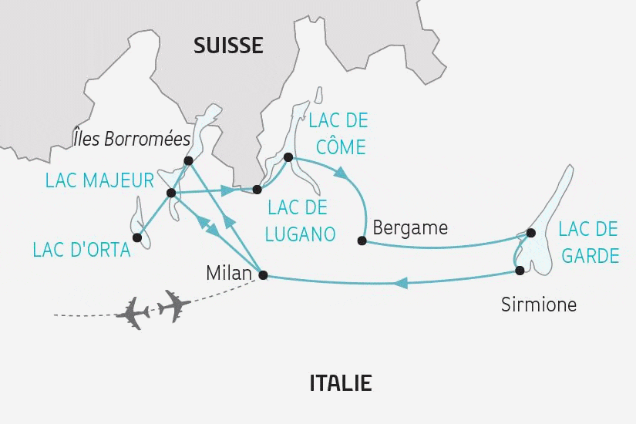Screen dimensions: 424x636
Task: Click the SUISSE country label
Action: pos(227,45)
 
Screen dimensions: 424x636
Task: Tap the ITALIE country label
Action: pos(340,383)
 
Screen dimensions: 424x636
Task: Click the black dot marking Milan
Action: pos(263,274)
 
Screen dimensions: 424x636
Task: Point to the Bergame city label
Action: pos(409,228)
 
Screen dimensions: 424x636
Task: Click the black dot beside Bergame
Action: pos(362,241)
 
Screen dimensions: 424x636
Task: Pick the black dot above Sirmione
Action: pos(520,270)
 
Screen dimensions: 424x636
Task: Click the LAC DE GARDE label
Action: pos(588,241)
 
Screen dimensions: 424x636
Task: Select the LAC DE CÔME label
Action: pos(337,133)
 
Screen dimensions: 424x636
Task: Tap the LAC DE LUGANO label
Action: pos(296,220)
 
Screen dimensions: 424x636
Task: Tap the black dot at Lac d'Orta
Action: pos(136,237)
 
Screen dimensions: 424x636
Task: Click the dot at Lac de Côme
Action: pos(288,157)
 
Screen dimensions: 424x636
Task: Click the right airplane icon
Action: pos(173,305)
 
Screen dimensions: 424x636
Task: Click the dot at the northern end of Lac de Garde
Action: pos(530,232)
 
